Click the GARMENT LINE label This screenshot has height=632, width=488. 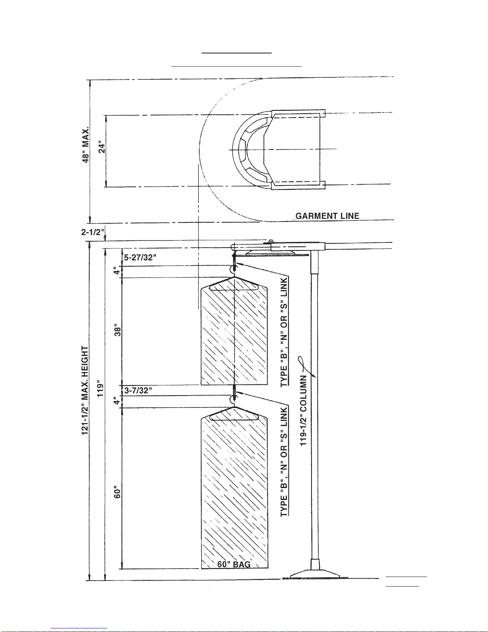327,216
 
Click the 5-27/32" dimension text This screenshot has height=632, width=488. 140,258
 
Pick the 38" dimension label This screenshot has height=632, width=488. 118,329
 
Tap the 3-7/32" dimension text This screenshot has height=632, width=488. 138,390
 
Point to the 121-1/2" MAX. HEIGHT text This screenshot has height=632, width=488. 85,391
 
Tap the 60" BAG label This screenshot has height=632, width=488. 234,564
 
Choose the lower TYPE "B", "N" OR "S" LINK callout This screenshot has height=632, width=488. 284,462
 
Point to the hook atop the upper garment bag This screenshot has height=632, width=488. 234,271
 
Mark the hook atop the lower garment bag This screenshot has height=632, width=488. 234,400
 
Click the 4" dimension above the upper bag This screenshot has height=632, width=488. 116,271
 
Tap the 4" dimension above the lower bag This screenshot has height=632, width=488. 116,401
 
